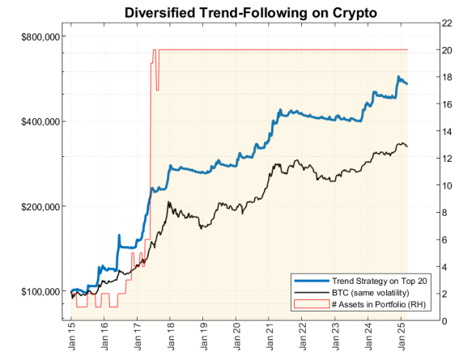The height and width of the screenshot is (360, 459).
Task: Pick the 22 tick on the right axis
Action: (x=446, y=23)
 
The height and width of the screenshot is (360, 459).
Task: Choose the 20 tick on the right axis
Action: (x=446, y=49)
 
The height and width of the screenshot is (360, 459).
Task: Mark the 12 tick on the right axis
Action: (x=446, y=158)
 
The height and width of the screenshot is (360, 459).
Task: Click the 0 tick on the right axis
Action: (x=444, y=320)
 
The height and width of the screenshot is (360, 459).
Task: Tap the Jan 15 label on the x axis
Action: (x=72, y=338)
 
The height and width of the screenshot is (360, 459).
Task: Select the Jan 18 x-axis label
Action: (x=171, y=338)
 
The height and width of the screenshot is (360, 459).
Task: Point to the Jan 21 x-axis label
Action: (x=270, y=338)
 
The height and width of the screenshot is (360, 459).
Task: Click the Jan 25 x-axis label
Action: (x=402, y=338)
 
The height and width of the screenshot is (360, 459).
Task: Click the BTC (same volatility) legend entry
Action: (x=367, y=291)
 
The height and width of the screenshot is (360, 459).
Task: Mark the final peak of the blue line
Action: (x=397, y=78)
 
